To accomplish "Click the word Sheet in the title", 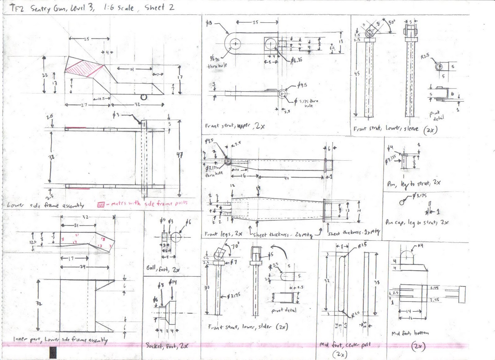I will click(x=154, y=7).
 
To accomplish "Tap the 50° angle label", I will click(x=392, y=23).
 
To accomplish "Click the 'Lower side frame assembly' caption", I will click(x=45, y=205).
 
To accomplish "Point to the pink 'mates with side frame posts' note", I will click(x=145, y=203).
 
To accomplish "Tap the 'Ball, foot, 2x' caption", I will click(x=163, y=269).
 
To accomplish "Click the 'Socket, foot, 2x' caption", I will click(x=167, y=345).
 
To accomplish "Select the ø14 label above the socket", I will click(x=172, y=282).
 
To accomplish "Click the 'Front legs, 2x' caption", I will click(x=223, y=234).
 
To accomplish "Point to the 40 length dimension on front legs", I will click(x=286, y=178).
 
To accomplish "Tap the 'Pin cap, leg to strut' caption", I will click(x=416, y=222).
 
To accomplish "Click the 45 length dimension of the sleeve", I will click(x=357, y=74).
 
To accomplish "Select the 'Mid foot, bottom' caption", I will click(x=410, y=333).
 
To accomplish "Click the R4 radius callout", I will click(x=420, y=246).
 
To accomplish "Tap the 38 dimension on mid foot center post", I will click(x=377, y=282).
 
